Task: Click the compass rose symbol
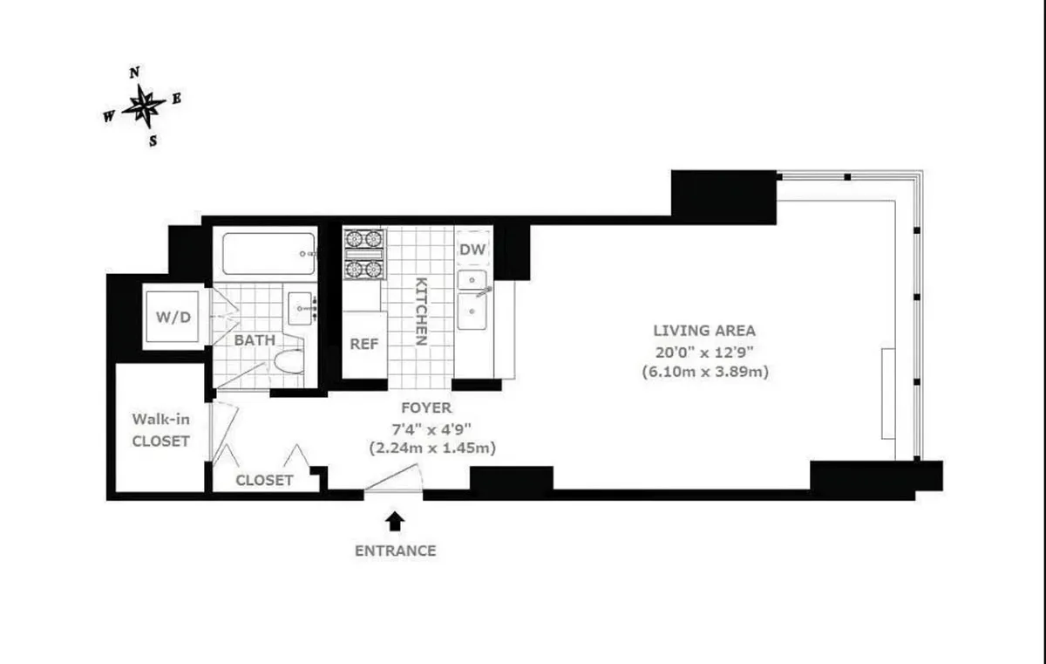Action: [143, 106]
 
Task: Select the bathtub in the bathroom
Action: [267, 253]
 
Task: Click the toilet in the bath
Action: [289, 360]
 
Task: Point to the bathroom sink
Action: [302, 307]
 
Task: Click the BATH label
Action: [255, 339]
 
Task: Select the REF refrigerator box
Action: [364, 344]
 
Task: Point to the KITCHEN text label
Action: [420, 311]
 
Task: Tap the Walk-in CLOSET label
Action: [160, 430]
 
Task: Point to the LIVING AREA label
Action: [704, 331]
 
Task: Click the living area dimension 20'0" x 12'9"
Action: [704, 352]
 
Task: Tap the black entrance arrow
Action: [395, 521]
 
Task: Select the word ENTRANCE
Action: [395, 551]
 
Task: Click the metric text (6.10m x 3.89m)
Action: [704, 373]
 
